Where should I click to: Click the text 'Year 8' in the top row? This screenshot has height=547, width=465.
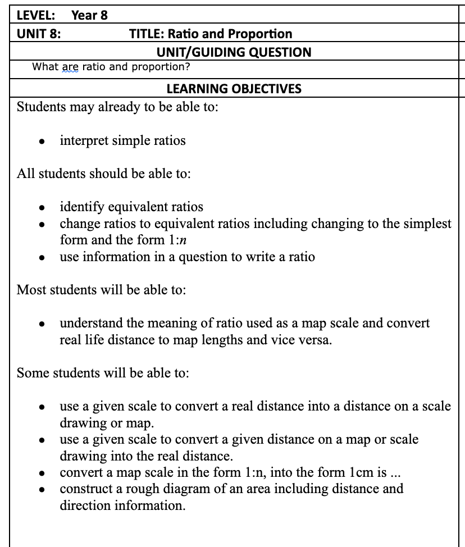[90, 15]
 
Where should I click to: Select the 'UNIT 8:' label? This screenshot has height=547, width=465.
[39, 34]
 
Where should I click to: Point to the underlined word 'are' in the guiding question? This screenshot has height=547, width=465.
[70, 67]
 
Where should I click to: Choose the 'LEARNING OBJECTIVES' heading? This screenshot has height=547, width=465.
[234, 89]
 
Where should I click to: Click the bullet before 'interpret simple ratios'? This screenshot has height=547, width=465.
[42, 142]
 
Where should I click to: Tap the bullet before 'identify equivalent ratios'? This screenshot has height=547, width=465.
[42, 208]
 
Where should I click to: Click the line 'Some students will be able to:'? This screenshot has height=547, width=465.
[103, 373]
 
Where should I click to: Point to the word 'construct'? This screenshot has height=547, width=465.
[86, 489]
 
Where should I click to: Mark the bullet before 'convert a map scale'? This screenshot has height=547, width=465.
[42, 473]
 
